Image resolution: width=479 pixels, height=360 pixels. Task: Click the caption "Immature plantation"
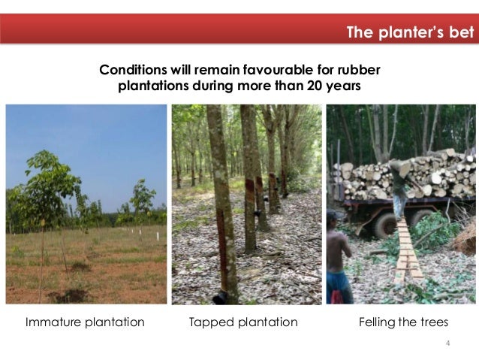pos(85,322)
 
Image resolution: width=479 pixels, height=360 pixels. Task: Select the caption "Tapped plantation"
pos(243,322)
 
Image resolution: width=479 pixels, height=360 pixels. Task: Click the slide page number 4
pos(448,343)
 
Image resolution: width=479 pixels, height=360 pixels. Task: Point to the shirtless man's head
pos(333,217)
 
